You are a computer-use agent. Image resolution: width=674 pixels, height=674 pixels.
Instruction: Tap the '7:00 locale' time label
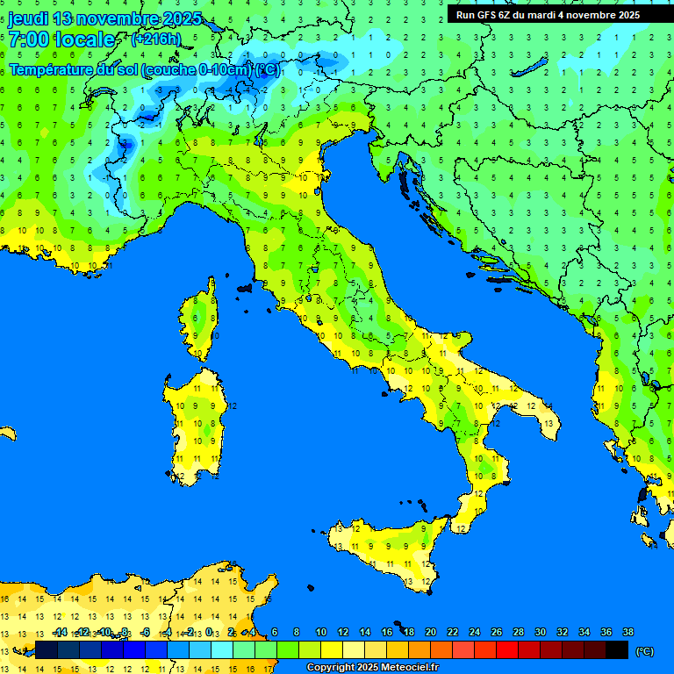pos(61,39)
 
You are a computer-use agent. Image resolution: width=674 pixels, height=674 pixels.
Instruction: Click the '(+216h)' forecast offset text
pos(155,39)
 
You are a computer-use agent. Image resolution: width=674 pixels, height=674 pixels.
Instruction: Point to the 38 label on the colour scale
pos(628,632)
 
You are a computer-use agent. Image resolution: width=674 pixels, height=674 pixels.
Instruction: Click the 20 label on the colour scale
pos(430,632)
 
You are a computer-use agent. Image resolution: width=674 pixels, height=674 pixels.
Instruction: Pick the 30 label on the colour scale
pos(540,632)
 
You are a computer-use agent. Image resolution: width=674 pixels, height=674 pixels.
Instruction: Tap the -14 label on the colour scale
pos(60,632)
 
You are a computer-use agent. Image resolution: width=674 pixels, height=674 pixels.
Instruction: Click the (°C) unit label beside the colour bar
pos(644,651)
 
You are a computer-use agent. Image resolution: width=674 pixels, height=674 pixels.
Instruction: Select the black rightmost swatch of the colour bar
pos(617,649)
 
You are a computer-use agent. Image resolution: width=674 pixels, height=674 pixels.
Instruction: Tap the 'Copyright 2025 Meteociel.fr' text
pos(371,668)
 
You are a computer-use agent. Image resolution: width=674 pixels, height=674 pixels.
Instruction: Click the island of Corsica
pos(201,320)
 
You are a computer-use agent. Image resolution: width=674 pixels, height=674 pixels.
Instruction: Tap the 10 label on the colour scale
pos(321,632)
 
